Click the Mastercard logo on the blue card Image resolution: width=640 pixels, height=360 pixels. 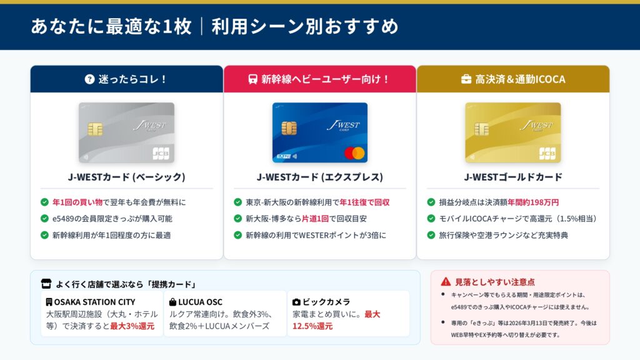tap(354, 153)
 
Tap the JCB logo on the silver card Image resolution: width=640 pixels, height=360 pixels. tap(161, 154)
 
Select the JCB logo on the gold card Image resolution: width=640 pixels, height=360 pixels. tap(547, 154)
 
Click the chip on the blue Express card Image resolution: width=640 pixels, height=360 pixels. tap(289, 128)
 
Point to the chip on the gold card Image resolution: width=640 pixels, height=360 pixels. tap(482, 129)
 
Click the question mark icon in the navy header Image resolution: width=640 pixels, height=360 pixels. tap(90, 79)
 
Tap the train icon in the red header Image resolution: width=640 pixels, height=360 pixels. tap(253, 79)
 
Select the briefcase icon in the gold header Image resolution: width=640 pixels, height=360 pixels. tap(466, 79)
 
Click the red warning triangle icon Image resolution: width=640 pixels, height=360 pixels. tap(446, 282)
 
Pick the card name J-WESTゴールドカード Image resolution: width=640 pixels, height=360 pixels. tap(513, 177)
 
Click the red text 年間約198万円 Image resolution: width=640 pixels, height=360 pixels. tap(533, 202)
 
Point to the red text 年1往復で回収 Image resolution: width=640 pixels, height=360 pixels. tap(364, 202)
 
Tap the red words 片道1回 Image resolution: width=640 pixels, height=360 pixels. tap(315, 219)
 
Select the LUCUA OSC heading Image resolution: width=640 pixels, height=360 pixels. tap(200, 302)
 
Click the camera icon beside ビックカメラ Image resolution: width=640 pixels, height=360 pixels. tap(297, 302)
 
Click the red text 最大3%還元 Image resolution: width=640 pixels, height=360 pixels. tap(132, 326)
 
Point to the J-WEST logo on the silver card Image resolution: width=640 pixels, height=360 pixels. tap(150, 126)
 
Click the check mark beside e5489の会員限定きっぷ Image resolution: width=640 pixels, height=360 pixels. tap(44, 219)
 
